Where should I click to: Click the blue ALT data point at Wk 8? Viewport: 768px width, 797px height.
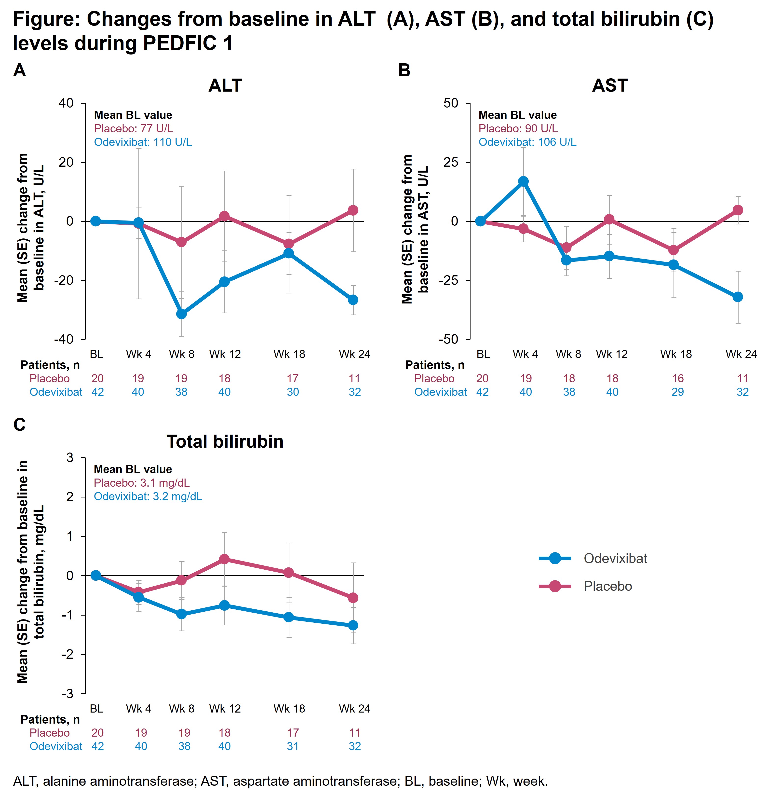[181, 314]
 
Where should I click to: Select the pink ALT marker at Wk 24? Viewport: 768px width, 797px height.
[353, 210]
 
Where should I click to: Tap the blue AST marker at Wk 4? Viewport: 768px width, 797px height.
[523, 181]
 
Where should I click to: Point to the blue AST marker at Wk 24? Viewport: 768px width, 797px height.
[738, 297]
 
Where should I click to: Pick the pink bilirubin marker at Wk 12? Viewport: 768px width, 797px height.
[224, 559]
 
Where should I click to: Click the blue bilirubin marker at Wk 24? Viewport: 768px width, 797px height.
[353, 625]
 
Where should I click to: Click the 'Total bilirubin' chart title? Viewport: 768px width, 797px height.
[225, 442]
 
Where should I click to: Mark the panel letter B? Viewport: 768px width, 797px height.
[404, 70]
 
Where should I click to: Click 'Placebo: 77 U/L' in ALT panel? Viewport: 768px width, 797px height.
[133, 128]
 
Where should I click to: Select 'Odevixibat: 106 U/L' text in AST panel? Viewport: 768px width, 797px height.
[527, 142]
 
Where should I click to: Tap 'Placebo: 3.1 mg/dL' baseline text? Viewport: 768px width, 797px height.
[141, 483]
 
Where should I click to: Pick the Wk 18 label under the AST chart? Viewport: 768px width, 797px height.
[676, 354]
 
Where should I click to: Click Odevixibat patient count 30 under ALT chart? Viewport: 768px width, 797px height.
[293, 392]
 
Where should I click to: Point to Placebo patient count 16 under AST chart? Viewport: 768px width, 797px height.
[678, 379]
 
